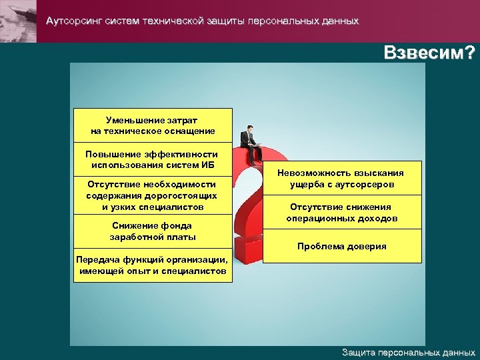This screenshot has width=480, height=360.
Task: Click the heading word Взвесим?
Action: click(429, 53)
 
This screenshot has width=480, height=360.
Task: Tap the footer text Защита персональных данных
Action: click(408, 352)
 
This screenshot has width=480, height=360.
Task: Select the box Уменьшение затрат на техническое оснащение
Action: click(153, 125)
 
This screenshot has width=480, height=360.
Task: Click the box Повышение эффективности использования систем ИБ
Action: click(153, 159)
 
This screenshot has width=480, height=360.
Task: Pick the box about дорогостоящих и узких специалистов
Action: click(153, 195)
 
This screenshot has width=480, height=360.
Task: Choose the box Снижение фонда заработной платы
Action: click(153, 231)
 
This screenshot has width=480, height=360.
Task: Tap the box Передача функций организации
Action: click(153, 265)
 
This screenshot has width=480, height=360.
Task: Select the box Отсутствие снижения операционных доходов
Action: click(342, 212)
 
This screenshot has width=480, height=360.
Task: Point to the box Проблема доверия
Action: click(342, 246)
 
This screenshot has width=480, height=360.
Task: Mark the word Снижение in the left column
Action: click(133, 225)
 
